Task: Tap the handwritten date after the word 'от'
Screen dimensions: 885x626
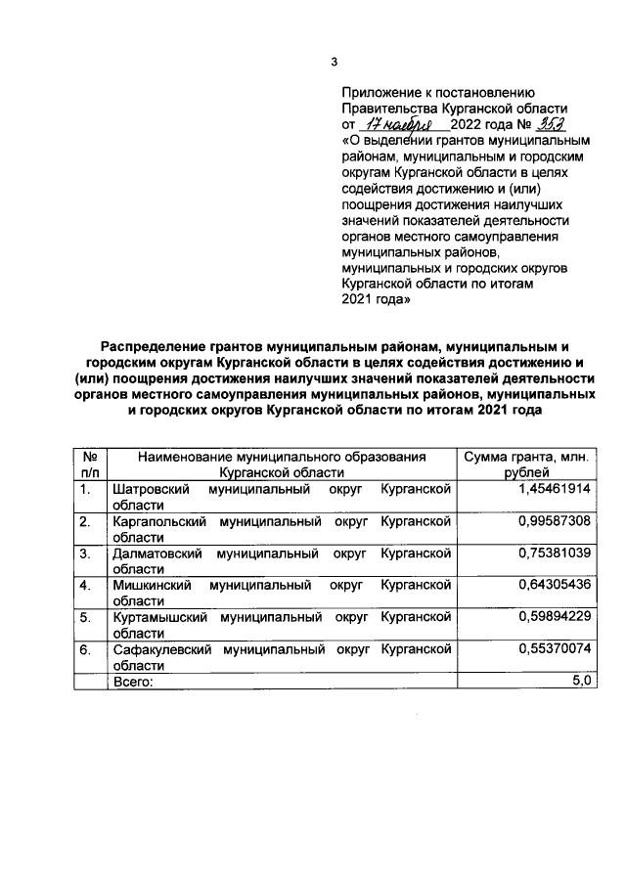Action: point(391,126)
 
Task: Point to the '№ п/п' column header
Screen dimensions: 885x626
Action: point(89,464)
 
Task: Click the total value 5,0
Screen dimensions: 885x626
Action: point(582,681)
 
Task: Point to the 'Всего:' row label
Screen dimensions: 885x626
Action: point(134,682)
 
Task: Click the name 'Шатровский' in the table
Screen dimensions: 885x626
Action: point(148,488)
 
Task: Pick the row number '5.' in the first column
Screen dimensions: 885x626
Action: point(86,617)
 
